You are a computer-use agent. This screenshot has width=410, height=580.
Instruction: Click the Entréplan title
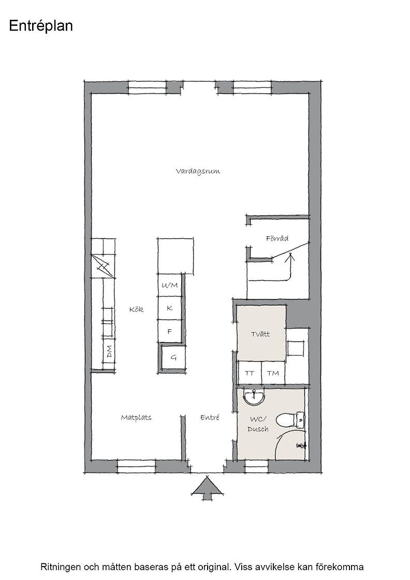click(41, 26)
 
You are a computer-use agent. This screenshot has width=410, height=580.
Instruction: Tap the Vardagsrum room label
click(198, 171)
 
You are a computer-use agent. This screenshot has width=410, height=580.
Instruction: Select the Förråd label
click(277, 239)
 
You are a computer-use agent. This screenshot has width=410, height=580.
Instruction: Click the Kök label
click(137, 309)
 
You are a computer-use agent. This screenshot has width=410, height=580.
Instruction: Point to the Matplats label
click(136, 417)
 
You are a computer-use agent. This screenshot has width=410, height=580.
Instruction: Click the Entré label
click(210, 417)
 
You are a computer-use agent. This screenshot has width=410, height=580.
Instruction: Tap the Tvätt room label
click(260, 334)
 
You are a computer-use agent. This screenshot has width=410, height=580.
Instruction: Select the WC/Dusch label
click(258, 424)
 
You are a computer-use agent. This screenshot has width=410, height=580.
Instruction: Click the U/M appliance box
click(170, 285)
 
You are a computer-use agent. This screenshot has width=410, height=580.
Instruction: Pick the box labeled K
click(170, 308)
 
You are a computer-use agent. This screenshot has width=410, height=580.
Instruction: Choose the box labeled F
click(170, 331)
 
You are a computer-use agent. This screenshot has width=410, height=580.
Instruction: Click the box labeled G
click(173, 358)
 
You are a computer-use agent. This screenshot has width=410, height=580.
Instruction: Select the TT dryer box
click(250, 373)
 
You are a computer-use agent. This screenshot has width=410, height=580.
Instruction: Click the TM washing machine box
click(273, 373)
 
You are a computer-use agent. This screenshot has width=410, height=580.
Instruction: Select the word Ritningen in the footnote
click(60, 567)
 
